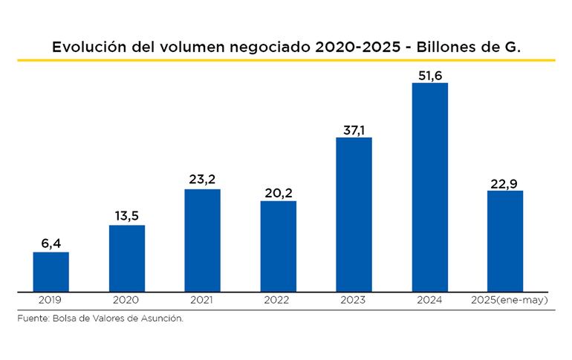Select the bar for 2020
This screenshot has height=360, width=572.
[126, 258]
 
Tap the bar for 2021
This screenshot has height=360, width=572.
[202, 240]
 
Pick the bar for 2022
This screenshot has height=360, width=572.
[278, 246]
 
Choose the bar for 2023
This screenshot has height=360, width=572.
[354, 214]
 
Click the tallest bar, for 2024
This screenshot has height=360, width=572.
[429, 186]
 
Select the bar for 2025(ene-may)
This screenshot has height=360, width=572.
[505, 240]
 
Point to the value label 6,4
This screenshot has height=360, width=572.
[51, 242]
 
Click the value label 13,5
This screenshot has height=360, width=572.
[126, 215]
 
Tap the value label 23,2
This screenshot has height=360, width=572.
[202, 179]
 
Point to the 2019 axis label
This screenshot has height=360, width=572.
[51, 300]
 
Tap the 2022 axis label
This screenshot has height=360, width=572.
[278, 300]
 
